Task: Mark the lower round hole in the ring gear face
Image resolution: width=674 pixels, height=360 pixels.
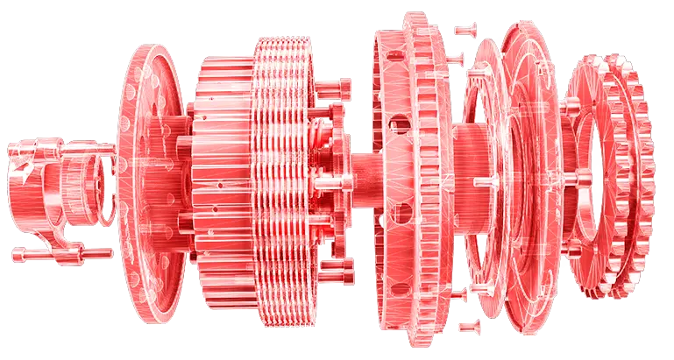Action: point(403,215)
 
